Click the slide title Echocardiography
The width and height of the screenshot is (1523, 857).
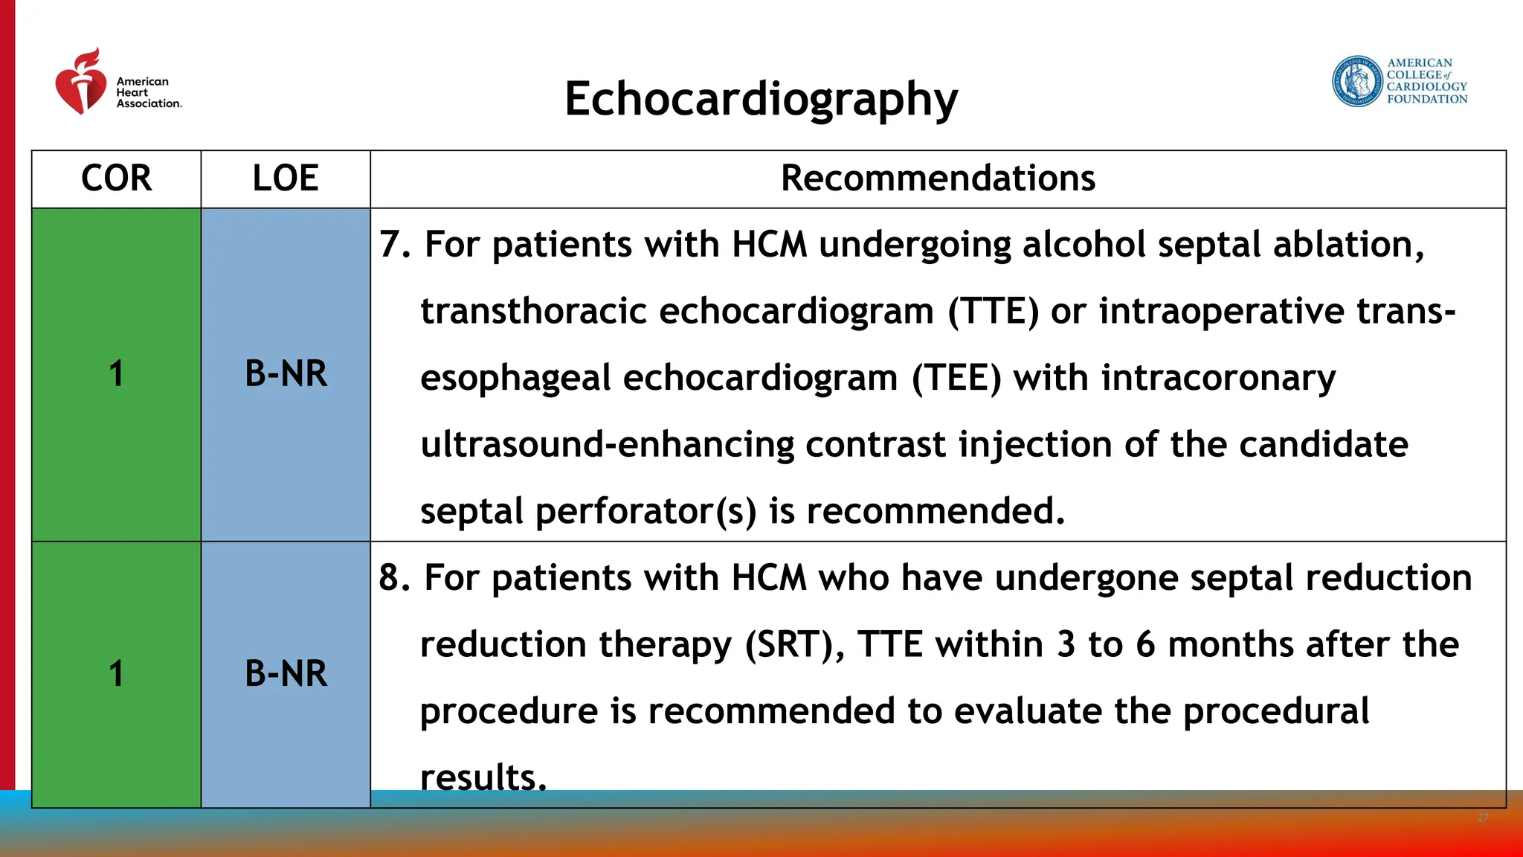[x=761, y=99]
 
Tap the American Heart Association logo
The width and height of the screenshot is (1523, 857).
[x=117, y=83]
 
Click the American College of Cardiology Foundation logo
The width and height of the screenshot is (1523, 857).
[x=1400, y=81]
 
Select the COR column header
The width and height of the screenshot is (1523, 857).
[x=116, y=179]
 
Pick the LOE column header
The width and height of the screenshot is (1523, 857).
[x=286, y=179]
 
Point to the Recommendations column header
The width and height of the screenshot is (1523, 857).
[x=938, y=179]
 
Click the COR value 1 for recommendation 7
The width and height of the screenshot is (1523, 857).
[x=116, y=373]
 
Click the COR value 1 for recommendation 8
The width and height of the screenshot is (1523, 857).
[x=116, y=673]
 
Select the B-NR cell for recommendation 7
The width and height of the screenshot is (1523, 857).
[x=286, y=373]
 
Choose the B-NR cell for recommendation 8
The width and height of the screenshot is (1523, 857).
[x=286, y=673]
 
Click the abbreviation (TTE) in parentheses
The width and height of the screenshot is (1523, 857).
[x=993, y=311]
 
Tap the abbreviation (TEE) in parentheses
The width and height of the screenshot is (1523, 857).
[x=956, y=378]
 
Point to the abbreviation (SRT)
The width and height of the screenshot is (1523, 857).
[x=794, y=644]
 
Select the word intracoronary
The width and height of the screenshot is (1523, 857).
[x=1218, y=378]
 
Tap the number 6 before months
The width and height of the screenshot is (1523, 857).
[x=1145, y=644]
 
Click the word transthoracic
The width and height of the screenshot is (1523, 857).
[x=533, y=311]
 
